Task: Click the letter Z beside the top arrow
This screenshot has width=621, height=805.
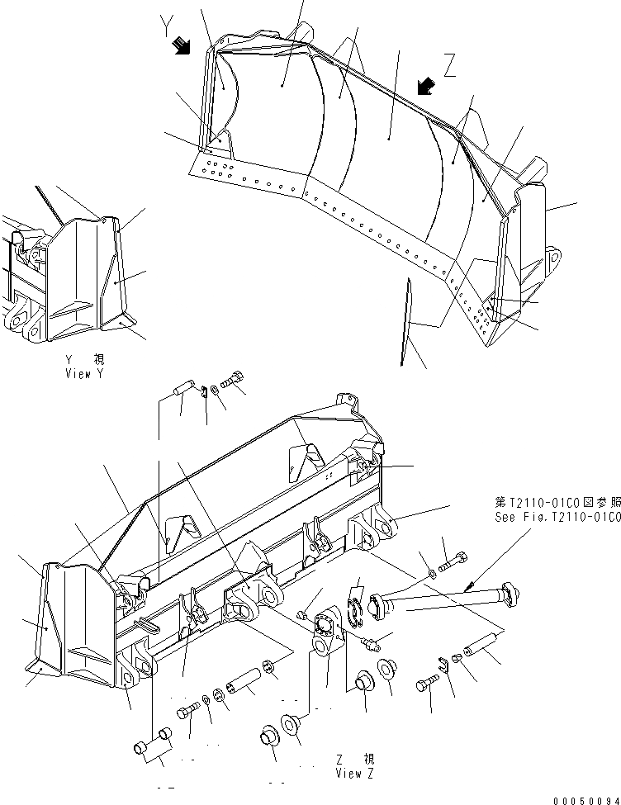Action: point(450,66)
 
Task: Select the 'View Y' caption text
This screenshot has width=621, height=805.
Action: point(87,367)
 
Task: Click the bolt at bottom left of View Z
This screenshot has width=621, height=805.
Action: point(187,712)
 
